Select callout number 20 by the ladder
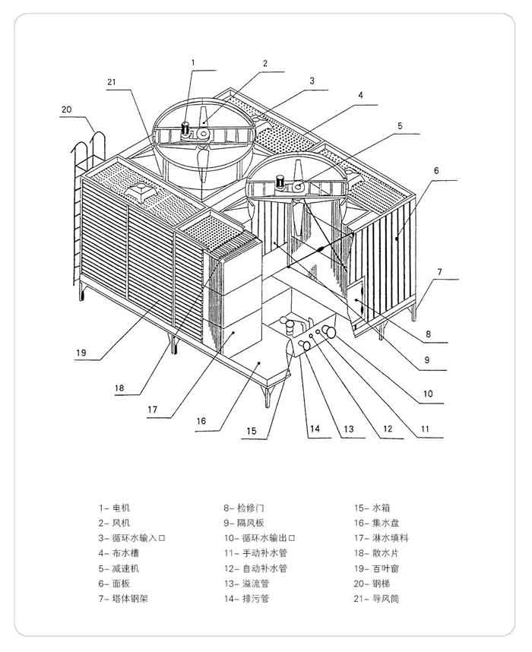(67, 109)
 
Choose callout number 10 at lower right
(428, 394)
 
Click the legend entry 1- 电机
(115, 508)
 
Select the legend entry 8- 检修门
(244, 508)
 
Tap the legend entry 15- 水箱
(372, 508)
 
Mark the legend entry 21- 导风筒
(376, 599)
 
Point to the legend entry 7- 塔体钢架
(124, 599)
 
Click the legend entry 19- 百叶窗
(376, 568)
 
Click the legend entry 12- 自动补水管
(255, 568)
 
